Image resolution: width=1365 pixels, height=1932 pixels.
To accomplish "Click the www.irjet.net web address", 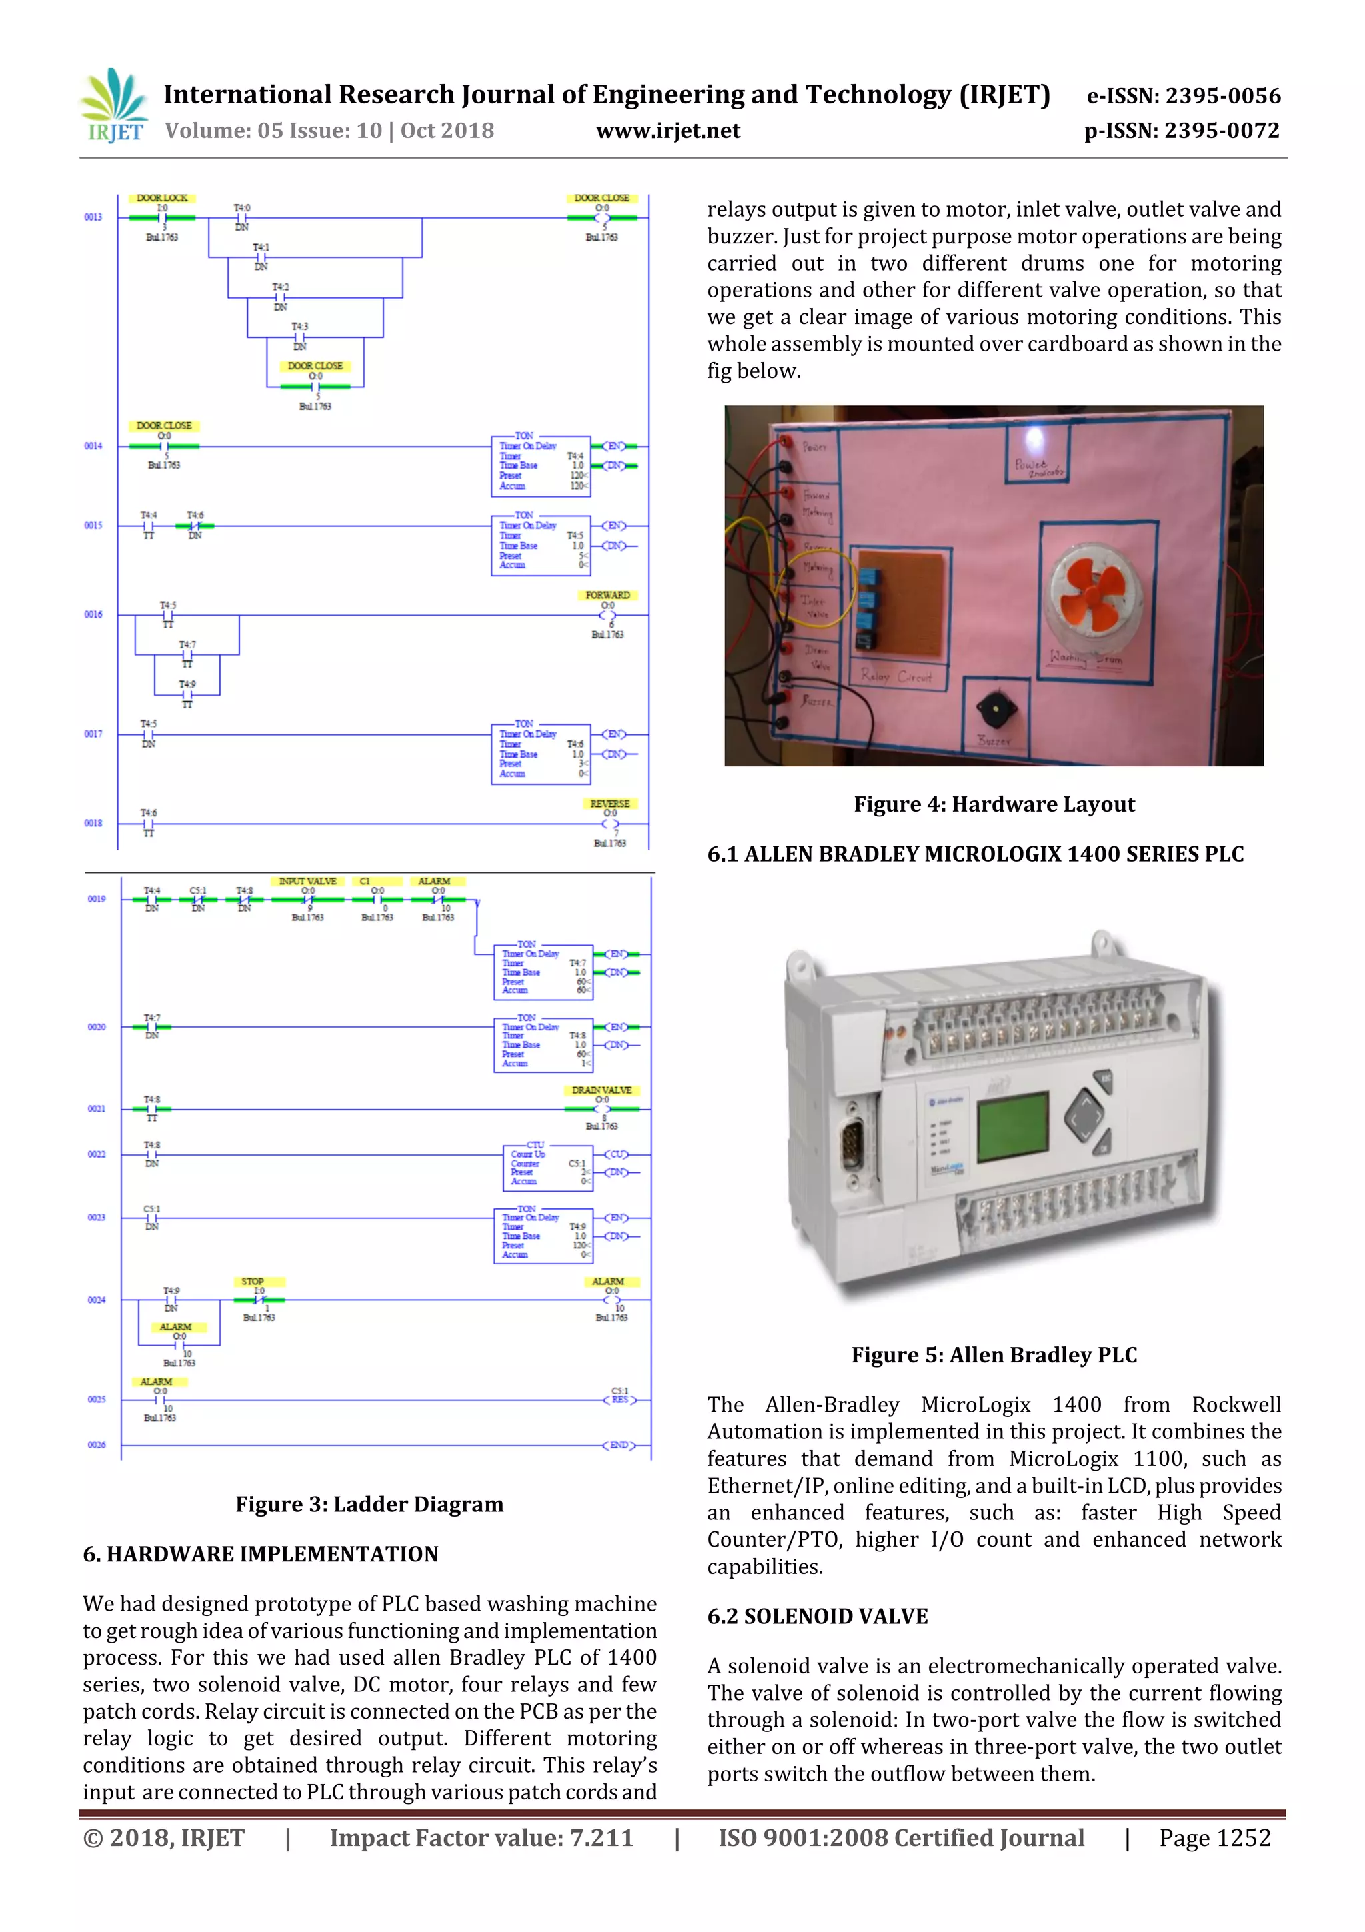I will pos(668,131).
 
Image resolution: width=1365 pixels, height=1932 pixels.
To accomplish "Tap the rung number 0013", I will pos(93,217).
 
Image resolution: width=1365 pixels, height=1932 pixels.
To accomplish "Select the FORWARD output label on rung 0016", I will pos(607,595).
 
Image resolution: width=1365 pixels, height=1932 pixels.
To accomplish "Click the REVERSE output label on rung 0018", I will pos(609,804).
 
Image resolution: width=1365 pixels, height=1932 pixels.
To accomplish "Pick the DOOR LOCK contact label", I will pos(163,198).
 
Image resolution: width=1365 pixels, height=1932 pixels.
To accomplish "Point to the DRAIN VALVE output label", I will pos(601,1090).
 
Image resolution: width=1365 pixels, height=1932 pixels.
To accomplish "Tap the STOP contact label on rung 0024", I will pos(253,1282).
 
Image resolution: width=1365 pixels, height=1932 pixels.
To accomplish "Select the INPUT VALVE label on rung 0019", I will pos(308,881).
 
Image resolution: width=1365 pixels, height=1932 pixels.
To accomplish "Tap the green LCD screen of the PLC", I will pos(1012,1126).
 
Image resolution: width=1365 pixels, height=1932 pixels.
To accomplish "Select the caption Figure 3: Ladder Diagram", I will pos(369,1504).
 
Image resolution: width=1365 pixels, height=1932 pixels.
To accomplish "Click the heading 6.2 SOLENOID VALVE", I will pos(818,1616).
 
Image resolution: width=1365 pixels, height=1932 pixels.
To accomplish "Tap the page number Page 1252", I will pos(1214,1838).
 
